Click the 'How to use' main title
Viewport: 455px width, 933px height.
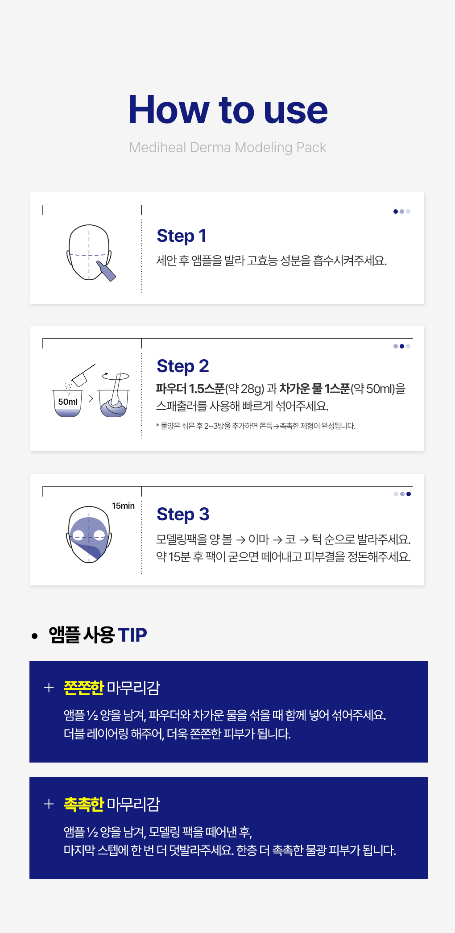(227, 110)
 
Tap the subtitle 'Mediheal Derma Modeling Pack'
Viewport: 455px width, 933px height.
(227, 148)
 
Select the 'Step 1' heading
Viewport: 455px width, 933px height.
(181, 236)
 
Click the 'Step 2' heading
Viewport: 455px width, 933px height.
(182, 366)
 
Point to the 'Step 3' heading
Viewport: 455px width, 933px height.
(183, 514)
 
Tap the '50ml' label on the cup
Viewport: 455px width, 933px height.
(68, 402)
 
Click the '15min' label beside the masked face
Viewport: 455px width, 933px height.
(123, 506)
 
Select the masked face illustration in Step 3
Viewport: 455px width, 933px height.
(89, 535)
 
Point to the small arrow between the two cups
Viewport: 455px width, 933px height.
(91, 398)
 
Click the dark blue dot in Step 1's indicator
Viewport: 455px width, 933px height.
(396, 211)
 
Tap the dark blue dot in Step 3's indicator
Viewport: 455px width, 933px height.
(409, 494)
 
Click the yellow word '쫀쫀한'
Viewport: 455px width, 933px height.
(84, 688)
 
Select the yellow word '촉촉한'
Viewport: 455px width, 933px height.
(84, 804)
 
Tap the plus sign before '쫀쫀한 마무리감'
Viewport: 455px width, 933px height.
(49, 688)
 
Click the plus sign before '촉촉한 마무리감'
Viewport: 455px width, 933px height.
(49, 804)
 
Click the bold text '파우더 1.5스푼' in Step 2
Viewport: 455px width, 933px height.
(190, 389)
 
